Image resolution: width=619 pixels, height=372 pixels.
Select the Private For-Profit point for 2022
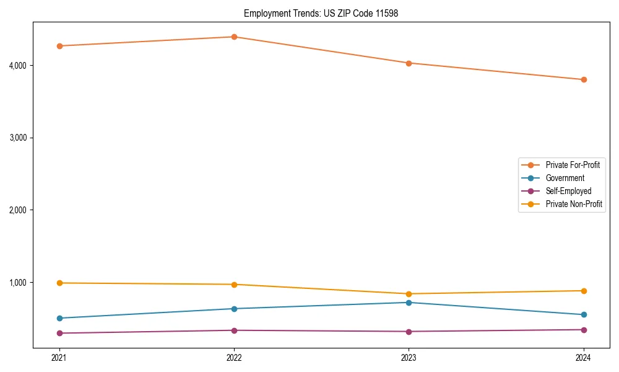click(234, 37)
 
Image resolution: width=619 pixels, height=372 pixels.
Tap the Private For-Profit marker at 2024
click(584, 79)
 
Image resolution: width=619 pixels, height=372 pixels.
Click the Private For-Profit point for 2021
click(59, 46)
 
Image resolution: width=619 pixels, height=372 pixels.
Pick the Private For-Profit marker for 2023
click(409, 63)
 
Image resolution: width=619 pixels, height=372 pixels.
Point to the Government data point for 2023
click(409, 303)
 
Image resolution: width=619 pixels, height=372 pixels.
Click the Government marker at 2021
click(59, 318)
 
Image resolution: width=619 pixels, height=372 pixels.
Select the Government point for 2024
click(584, 314)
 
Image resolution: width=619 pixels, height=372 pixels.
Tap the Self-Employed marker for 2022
click(234, 330)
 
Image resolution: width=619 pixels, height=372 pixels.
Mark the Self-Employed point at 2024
click(584, 330)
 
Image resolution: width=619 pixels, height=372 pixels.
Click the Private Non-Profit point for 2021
click(59, 283)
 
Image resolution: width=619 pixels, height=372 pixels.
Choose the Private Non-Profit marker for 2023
click(409, 294)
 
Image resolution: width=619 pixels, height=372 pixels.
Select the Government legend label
click(565, 178)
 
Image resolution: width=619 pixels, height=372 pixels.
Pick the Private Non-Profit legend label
click(574, 204)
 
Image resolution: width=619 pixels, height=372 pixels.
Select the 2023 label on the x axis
click(409, 357)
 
